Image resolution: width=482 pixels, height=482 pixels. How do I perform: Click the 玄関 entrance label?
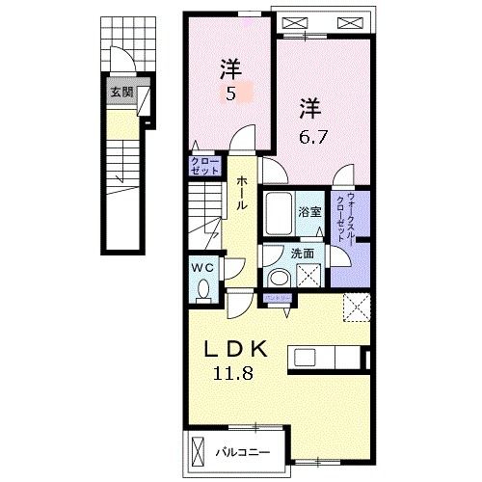pyautogui.click(x=121, y=93)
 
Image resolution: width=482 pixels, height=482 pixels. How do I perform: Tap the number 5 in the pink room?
pyautogui.click(x=231, y=94)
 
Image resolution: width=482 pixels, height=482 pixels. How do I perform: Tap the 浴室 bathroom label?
pyautogui.click(x=308, y=211)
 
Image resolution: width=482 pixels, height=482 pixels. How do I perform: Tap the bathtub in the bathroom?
pyautogui.click(x=279, y=214)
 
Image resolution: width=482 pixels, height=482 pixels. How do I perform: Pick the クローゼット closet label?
pyautogui.click(x=204, y=165)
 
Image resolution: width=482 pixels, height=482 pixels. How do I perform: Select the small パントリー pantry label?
pyautogui.click(x=280, y=299)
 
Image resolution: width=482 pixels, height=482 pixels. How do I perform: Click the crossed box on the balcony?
pyautogui.click(x=199, y=449)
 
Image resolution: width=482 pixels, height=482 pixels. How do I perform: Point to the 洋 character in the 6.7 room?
pyautogui.click(x=308, y=106)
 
